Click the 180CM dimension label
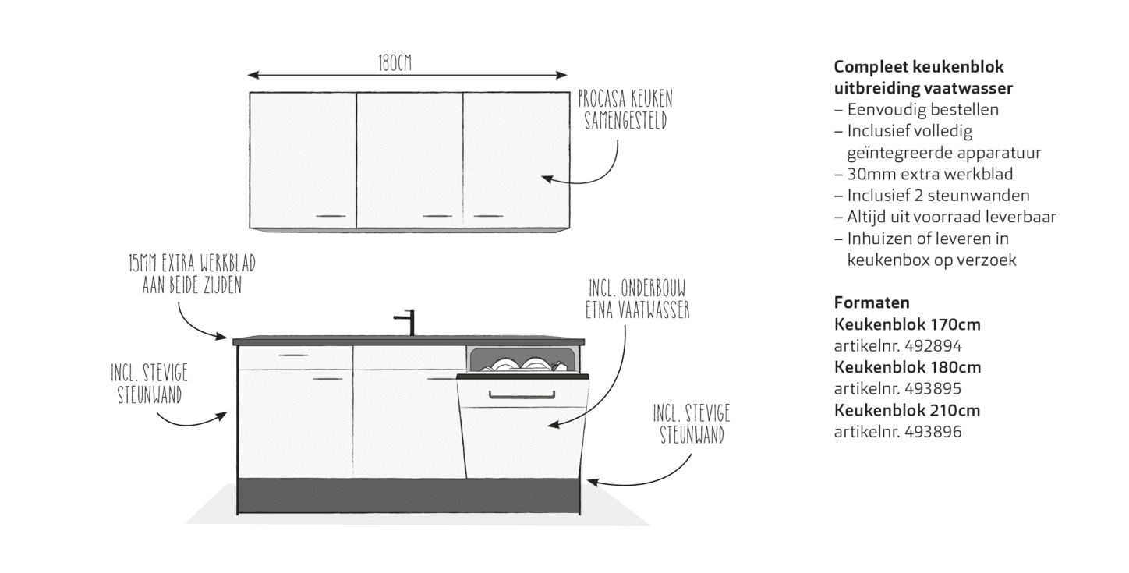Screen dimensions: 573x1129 point(395,64)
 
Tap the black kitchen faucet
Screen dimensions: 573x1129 point(407,322)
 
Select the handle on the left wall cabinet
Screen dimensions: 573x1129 point(330,214)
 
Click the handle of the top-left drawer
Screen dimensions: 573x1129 point(293,355)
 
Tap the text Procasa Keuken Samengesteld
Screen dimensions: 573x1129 point(625,111)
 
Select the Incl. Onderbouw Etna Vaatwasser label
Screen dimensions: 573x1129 point(638,299)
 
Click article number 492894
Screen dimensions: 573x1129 point(897,345)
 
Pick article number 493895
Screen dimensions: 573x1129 point(897,388)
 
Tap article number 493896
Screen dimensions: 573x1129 point(897,431)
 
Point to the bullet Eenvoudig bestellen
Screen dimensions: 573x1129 point(922,110)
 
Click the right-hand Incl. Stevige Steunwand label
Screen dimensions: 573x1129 point(691,424)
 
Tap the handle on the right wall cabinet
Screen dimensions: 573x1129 point(489,214)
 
